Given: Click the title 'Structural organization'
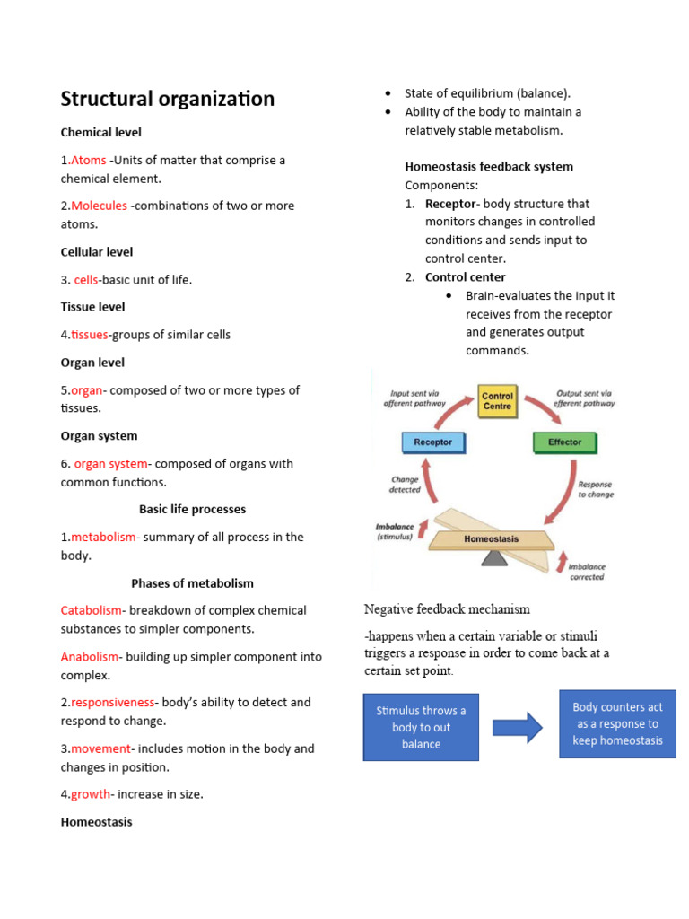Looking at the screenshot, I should [x=167, y=99].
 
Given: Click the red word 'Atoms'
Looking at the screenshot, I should [x=89, y=161].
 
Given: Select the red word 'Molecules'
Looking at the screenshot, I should [x=99, y=206].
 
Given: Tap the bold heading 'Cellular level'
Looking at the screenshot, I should [x=97, y=252].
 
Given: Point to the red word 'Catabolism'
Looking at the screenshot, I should [x=90, y=610].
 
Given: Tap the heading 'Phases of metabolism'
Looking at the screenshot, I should [x=192, y=583].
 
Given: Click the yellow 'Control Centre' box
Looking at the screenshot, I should [x=497, y=401].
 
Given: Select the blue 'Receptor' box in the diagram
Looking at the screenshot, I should [x=432, y=442].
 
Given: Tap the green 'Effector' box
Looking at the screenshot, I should [x=564, y=442].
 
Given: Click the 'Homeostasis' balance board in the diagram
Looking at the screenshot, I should [x=491, y=539].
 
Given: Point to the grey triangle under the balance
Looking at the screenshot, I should [x=493, y=558].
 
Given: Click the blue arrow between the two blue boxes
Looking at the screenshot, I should [x=518, y=727].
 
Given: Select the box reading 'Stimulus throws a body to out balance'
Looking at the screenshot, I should [x=421, y=727].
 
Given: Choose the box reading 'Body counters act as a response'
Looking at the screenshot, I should [x=617, y=723].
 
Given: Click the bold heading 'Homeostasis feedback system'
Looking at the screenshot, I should [x=489, y=167].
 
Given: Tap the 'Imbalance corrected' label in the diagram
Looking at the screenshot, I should [x=587, y=572].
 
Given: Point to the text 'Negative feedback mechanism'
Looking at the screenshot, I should [x=447, y=609].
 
